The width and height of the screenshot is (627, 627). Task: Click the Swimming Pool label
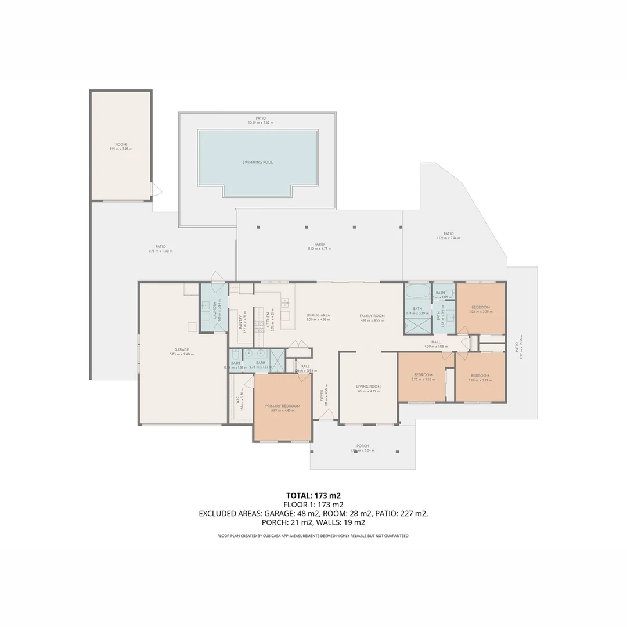pyautogui.click(x=258, y=163)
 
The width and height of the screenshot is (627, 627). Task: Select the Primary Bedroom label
pyautogui.click(x=283, y=406)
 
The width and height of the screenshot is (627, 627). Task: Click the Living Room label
pyautogui.click(x=368, y=387)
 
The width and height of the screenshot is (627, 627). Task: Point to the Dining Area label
pyautogui.click(x=318, y=315)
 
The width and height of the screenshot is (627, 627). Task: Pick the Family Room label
pyautogui.click(x=372, y=316)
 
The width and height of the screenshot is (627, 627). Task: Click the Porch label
pyautogui.click(x=363, y=446)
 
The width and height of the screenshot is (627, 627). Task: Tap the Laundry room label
pyautogui.click(x=215, y=310)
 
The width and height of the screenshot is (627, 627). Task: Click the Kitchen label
pyautogui.click(x=268, y=320)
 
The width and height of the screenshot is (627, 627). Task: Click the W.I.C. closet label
pyautogui.click(x=237, y=401)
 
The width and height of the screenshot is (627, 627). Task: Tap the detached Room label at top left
pyautogui.click(x=121, y=145)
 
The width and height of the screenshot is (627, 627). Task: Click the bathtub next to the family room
pyautogui.click(x=417, y=291)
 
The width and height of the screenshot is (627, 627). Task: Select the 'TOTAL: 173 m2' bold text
pyautogui.click(x=313, y=496)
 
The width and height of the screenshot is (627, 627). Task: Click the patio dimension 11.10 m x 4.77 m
pyautogui.click(x=319, y=248)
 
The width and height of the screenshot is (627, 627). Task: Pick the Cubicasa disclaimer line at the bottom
pyautogui.click(x=313, y=536)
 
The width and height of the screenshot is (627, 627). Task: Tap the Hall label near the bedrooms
pyautogui.click(x=436, y=342)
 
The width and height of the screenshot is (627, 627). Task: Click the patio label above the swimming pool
pyautogui.click(x=260, y=118)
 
